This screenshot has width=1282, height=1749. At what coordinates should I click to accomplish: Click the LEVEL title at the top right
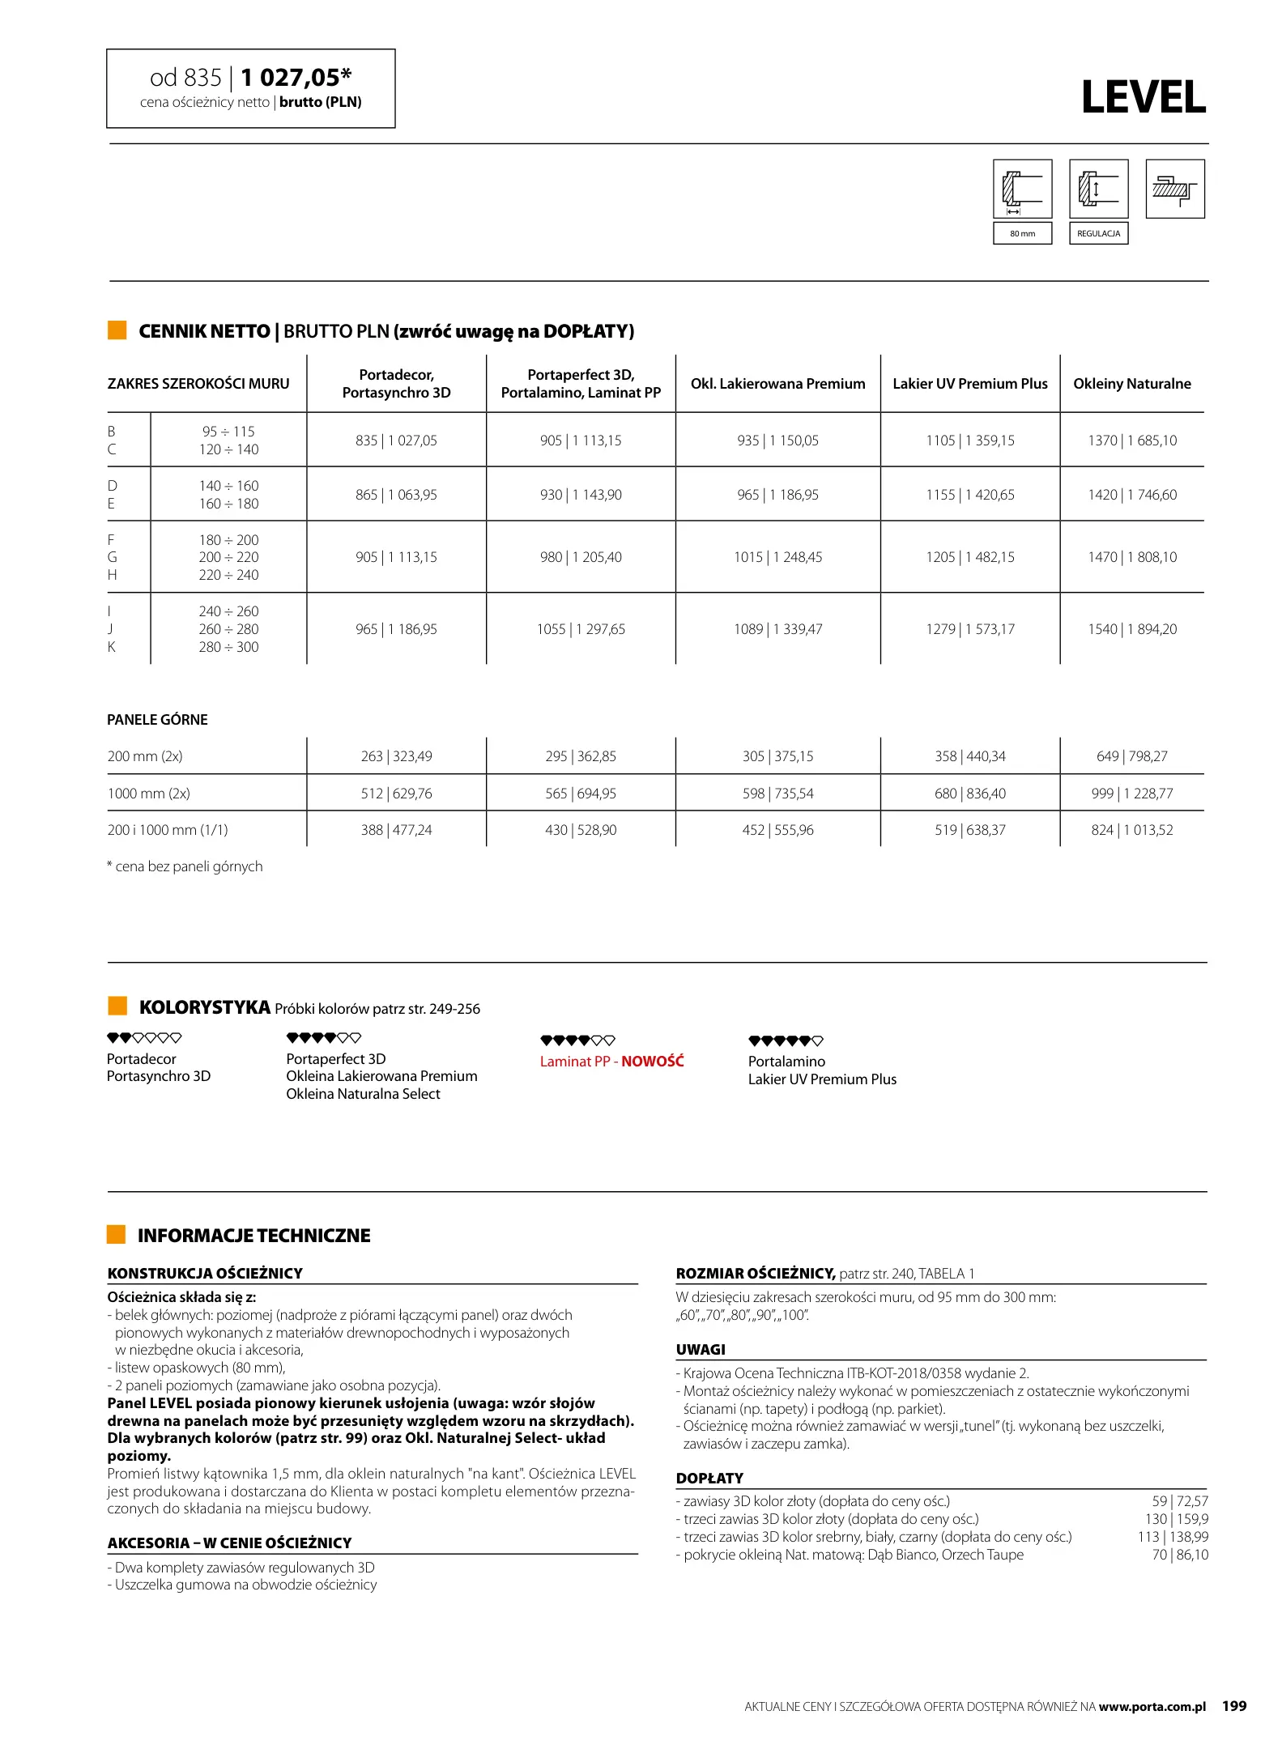click(x=1143, y=98)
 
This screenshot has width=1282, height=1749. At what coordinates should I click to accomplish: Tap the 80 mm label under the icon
click(x=1022, y=233)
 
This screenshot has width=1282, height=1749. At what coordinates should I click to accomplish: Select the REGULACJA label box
click(x=1098, y=233)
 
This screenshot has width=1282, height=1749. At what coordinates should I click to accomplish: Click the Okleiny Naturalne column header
click(x=1131, y=384)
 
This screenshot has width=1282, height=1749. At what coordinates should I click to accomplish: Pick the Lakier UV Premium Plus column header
click(x=969, y=384)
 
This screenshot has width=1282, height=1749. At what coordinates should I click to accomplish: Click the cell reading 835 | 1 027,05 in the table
click(x=396, y=440)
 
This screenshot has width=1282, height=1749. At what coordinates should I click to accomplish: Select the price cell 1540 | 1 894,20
click(x=1131, y=629)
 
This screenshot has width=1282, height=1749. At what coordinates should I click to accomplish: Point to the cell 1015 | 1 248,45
click(x=777, y=557)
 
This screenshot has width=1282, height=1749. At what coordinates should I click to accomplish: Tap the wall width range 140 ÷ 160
click(x=228, y=486)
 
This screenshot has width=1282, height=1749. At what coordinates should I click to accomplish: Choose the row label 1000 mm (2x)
click(x=149, y=794)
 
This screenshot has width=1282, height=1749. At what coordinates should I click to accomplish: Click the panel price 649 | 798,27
click(x=1131, y=756)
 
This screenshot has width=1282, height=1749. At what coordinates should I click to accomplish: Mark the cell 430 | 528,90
click(x=581, y=830)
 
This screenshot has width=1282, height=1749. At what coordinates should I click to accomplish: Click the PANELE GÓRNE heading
click(x=157, y=720)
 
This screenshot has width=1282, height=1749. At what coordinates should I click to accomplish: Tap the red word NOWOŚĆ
click(x=652, y=1061)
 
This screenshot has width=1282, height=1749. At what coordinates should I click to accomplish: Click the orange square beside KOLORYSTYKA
click(x=117, y=1006)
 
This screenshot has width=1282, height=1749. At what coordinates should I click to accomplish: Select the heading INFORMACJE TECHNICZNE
click(x=253, y=1236)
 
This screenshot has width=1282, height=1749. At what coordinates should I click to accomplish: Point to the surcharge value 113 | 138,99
click(x=1172, y=1537)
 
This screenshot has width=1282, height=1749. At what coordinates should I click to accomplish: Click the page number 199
click(x=1233, y=1706)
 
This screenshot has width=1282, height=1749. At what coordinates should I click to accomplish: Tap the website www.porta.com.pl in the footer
click(x=1152, y=1707)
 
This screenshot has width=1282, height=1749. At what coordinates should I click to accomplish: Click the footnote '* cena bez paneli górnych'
click(x=185, y=866)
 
